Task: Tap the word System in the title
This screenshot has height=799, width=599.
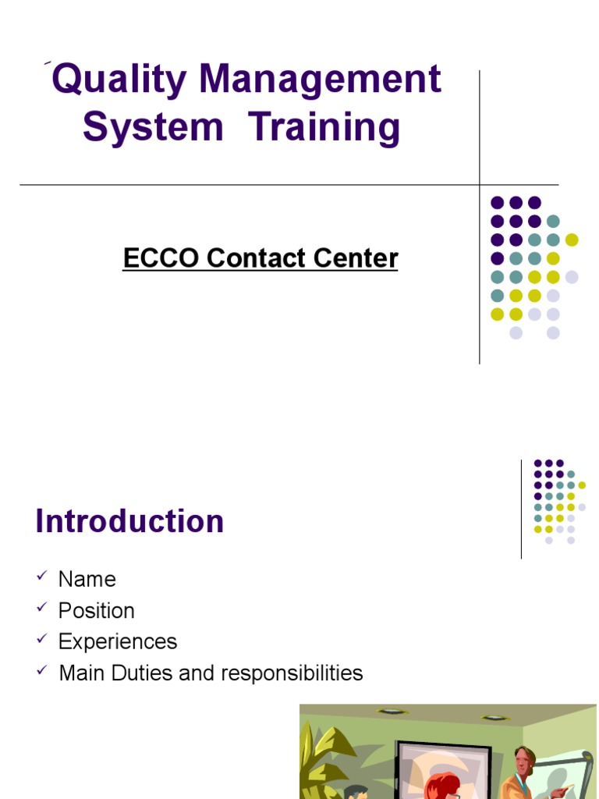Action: tap(153, 127)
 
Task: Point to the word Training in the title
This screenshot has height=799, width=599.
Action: tap(324, 129)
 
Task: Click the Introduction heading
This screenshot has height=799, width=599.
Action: tap(129, 521)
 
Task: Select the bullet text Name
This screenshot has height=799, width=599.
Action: tap(87, 579)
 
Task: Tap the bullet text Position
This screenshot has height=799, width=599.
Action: tap(97, 610)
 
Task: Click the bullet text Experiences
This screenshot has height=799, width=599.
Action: tap(118, 641)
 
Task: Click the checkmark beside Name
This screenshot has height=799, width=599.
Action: tap(41, 577)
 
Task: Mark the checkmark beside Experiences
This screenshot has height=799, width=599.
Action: tap(41, 639)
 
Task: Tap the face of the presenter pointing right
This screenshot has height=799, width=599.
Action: tap(523, 760)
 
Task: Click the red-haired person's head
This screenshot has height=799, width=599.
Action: tap(441, 784)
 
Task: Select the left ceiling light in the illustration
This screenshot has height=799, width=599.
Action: tap(388, 712)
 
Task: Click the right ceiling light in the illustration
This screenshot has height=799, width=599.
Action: tap(492, 717)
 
